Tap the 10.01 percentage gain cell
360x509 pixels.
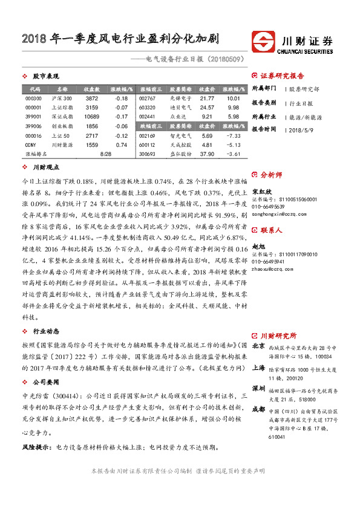point(234,98)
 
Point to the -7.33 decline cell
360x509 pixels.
point(234,136)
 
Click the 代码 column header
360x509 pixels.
point(34,89)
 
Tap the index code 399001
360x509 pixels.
point(34,117)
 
